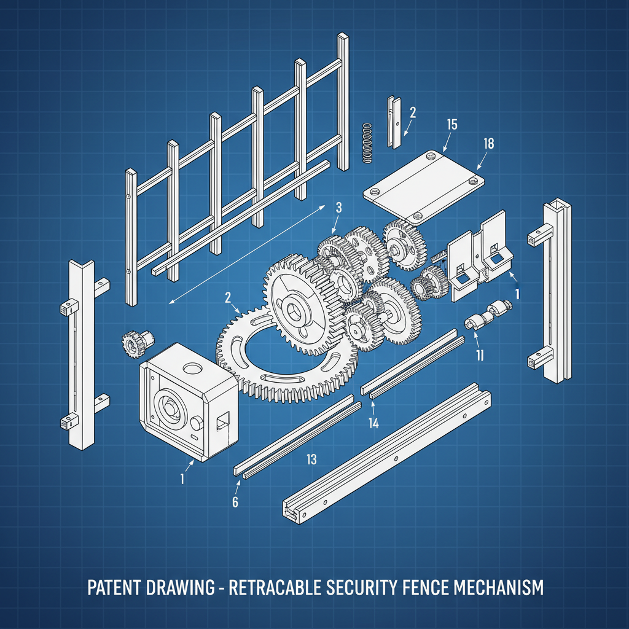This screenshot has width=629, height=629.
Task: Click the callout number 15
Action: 451,125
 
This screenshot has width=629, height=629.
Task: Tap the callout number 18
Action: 488,143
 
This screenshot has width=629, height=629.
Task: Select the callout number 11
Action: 480,354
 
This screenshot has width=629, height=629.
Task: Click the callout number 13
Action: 311,458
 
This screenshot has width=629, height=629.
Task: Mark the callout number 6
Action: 235,501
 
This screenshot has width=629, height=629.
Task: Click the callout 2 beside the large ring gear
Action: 228,297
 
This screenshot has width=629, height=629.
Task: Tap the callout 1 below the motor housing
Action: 182,478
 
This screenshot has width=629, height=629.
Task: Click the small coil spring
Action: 367,143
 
